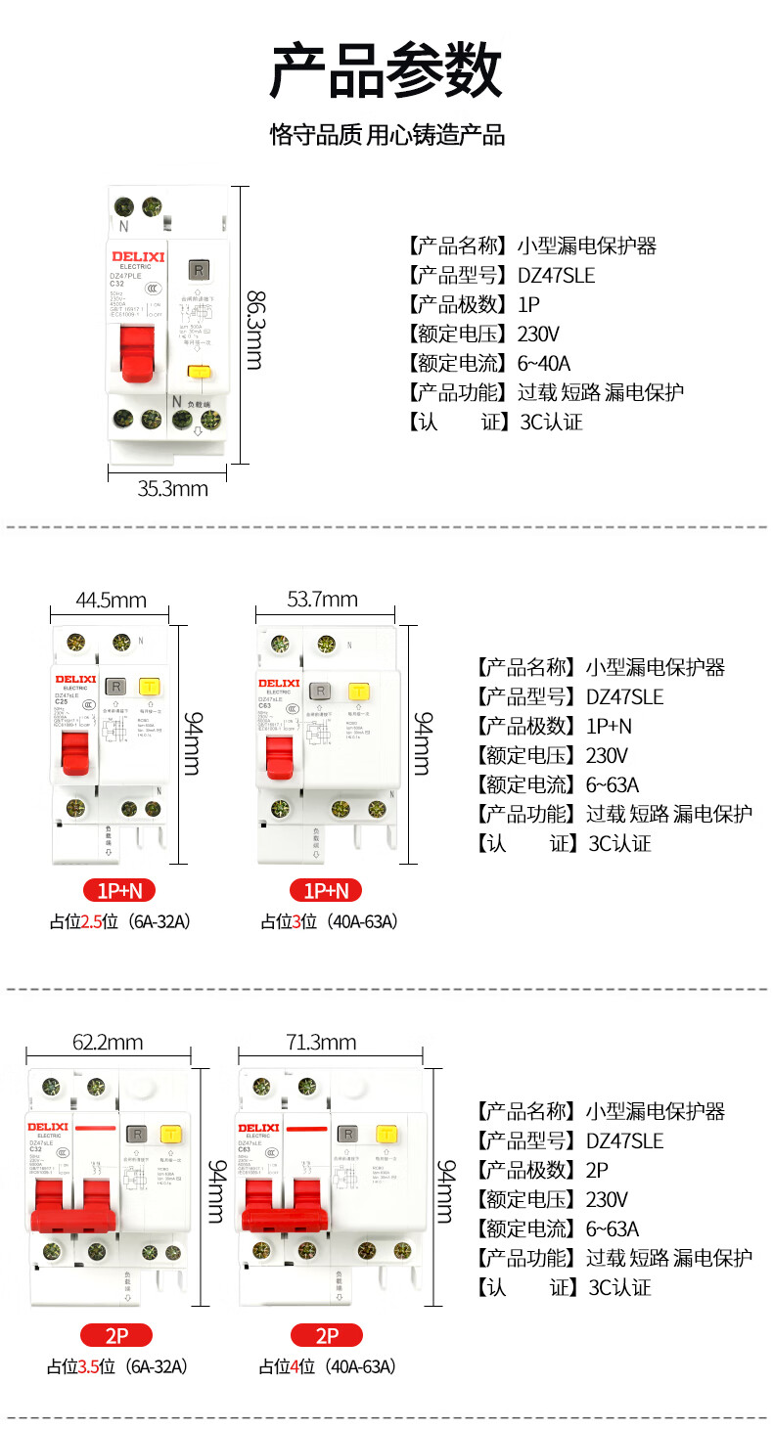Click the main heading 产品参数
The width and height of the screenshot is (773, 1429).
pos(386,70)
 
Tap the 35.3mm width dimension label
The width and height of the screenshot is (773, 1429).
pos(172,488)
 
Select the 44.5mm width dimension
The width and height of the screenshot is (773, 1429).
pos(111,600)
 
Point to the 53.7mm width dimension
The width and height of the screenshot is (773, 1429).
pos(322,599)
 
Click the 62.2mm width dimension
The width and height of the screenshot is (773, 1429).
pos(108,1043)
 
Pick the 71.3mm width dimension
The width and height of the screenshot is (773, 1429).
pos(321,1043)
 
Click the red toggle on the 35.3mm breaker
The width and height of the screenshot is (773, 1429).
pos(137,351)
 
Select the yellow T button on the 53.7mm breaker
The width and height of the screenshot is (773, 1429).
pos(359,692)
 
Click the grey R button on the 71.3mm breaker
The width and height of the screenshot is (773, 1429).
pos(347,1135)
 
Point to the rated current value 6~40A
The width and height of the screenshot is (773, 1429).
pos(543,364)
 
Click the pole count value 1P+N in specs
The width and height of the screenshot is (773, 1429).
pos(609,726)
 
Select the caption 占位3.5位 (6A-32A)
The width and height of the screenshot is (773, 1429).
pos(117,1366)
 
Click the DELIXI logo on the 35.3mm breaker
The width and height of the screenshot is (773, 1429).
pos(136,256)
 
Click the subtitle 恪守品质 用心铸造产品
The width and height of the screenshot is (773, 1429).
pos(386,135)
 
